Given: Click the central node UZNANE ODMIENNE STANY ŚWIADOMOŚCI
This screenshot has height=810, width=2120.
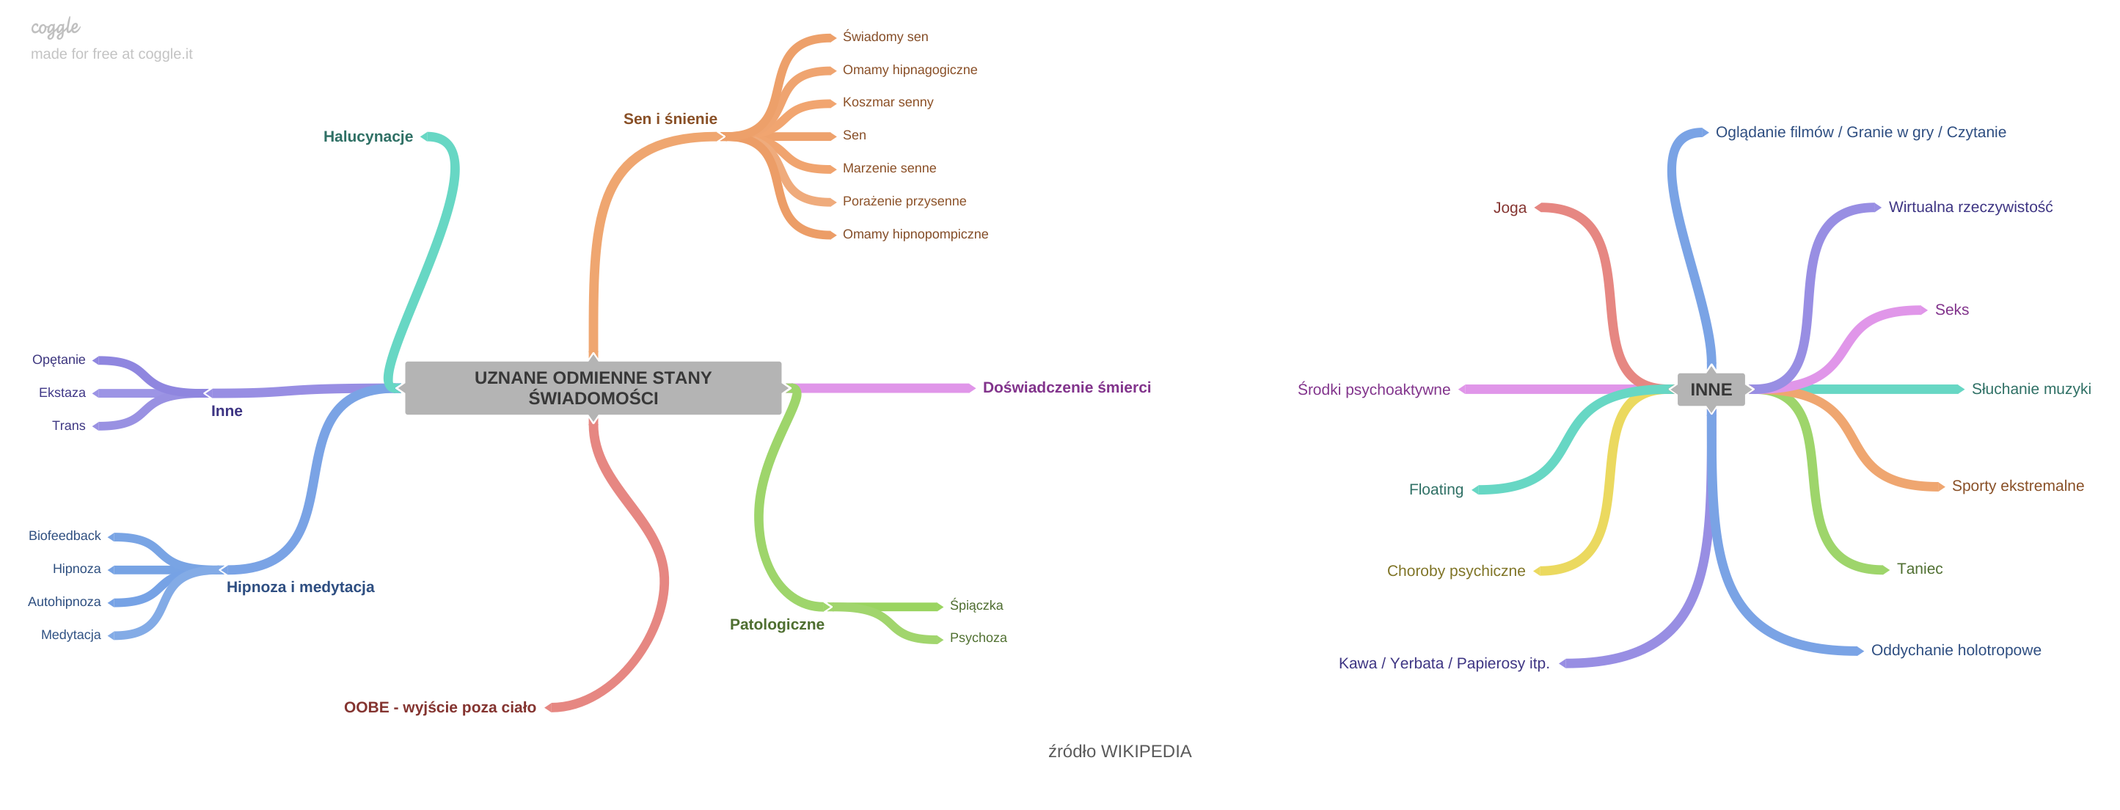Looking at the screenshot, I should [593, 387].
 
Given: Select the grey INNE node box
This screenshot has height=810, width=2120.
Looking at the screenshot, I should [1710, 390].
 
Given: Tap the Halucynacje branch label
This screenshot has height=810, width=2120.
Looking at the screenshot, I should [368, 136].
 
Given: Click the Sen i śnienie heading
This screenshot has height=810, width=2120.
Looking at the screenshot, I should [670, 120].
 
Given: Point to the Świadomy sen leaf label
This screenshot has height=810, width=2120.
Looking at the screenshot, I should [885, 37].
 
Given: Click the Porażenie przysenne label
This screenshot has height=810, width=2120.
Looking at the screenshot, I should [904, 202].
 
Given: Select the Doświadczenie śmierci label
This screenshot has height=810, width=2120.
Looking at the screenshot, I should [1066, 387].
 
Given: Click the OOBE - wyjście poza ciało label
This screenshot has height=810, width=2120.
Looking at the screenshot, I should [439, 708].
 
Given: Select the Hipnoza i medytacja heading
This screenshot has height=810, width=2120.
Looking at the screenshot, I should [299, 588].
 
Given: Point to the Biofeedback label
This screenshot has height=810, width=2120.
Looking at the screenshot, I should [65, 536].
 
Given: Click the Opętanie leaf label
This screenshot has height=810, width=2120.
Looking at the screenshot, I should [59, 360].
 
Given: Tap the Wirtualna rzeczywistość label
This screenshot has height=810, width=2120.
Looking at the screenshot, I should [1970, 208].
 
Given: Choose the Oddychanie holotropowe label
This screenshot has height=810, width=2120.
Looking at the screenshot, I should [1956, 650].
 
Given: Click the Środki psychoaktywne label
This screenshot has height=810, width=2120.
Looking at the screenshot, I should [1373, 390].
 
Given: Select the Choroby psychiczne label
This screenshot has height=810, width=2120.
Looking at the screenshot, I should [1455, 572].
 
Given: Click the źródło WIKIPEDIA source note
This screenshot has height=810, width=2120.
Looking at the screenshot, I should [1119, 751].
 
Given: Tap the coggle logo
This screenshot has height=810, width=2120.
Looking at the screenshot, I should [55, 28].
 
